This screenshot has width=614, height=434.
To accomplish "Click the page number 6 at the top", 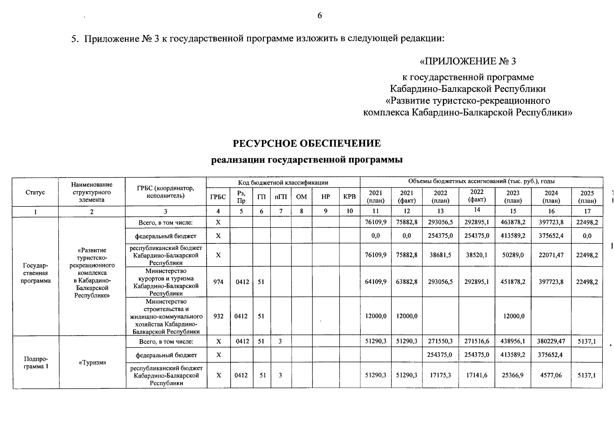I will (x=319, y=16).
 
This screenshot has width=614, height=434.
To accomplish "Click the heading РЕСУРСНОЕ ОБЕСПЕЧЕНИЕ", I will (x=306, y=144).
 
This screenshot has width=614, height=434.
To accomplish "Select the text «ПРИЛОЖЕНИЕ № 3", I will (x=467, y=61).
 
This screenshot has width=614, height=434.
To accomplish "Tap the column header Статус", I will (x=35, y=192).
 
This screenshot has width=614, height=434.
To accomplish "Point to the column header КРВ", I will (x=349, y=197).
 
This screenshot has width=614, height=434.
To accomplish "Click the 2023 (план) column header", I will (x=513, y=197).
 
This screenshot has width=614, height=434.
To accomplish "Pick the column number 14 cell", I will (x=477, y=210).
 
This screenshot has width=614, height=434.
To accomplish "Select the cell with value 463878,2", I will (x=513, y=222).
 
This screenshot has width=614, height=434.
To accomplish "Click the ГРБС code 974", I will (x=218, y=282).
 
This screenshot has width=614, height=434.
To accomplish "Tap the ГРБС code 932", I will (x=218, y=316).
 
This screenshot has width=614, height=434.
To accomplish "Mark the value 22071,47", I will (x=551, y=255).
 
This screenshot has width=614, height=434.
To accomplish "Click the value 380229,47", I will (x=551, y=341).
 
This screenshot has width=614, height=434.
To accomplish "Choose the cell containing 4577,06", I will (x=551, y=375).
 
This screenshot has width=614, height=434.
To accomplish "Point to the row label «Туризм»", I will (x=92, y=362).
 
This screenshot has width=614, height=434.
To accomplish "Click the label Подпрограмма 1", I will (x=35, y=362).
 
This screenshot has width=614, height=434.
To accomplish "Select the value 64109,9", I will (x=376, y=282).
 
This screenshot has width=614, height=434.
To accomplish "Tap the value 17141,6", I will (x=477, y=375).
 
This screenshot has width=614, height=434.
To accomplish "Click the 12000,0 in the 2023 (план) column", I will (x=513, y=316).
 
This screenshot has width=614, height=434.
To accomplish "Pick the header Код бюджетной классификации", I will (x=283, y=183).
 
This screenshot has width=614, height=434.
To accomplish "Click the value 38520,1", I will (x=477, y=255).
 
